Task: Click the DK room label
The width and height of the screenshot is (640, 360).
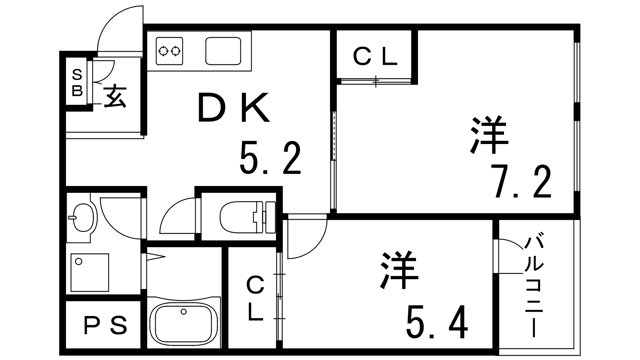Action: click(234, 108)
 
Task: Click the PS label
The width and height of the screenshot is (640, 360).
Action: click(106, 326)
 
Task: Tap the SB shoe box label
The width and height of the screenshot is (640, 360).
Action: click(77, 83)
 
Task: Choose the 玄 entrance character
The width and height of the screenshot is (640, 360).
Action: click(115, 96)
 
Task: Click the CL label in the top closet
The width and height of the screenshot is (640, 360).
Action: click(375, 57)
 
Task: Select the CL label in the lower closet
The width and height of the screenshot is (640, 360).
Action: click(255, 299)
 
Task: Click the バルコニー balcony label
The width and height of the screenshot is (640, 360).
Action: click(534, 286)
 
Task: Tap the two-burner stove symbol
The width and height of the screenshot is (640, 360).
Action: click(169, 51)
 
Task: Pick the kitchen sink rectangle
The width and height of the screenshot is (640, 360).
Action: click(223, 51)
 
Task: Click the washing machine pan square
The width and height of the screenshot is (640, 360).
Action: click(90, 272)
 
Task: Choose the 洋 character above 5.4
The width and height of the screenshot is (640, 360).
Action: click(399, 270)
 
